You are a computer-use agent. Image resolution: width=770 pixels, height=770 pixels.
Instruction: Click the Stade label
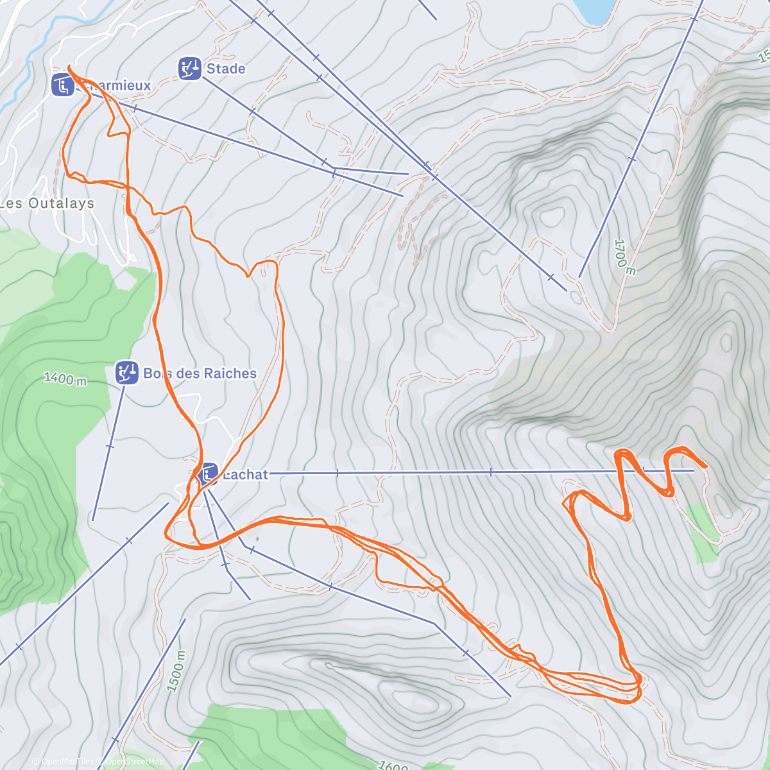(x=226, y=69)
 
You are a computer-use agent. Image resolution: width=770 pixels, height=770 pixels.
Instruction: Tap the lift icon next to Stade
(x=189, y=69)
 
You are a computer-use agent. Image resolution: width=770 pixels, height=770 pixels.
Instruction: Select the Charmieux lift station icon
(x=62, y=85)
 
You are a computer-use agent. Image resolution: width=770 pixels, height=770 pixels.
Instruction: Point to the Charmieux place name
(x=119, y=85)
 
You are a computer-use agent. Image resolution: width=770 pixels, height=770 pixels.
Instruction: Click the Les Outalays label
(x=47, y=203)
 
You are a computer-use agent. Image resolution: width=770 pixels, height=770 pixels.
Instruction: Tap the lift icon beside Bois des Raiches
(x=126, y=373)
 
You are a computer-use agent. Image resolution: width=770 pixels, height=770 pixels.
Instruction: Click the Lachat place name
(x=245, y=475)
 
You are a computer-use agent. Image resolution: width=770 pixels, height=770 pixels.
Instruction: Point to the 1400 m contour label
(x=65, y=379)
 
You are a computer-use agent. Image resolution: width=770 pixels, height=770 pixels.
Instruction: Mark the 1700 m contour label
(x=624, y=257)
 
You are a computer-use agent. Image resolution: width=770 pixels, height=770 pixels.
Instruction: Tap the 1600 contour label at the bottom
(x=393, y=765)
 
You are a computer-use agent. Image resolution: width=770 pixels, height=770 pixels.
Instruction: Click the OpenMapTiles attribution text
(x=64, y=762)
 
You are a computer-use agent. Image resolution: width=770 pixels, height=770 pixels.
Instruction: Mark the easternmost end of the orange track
(x=706, y=466)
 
